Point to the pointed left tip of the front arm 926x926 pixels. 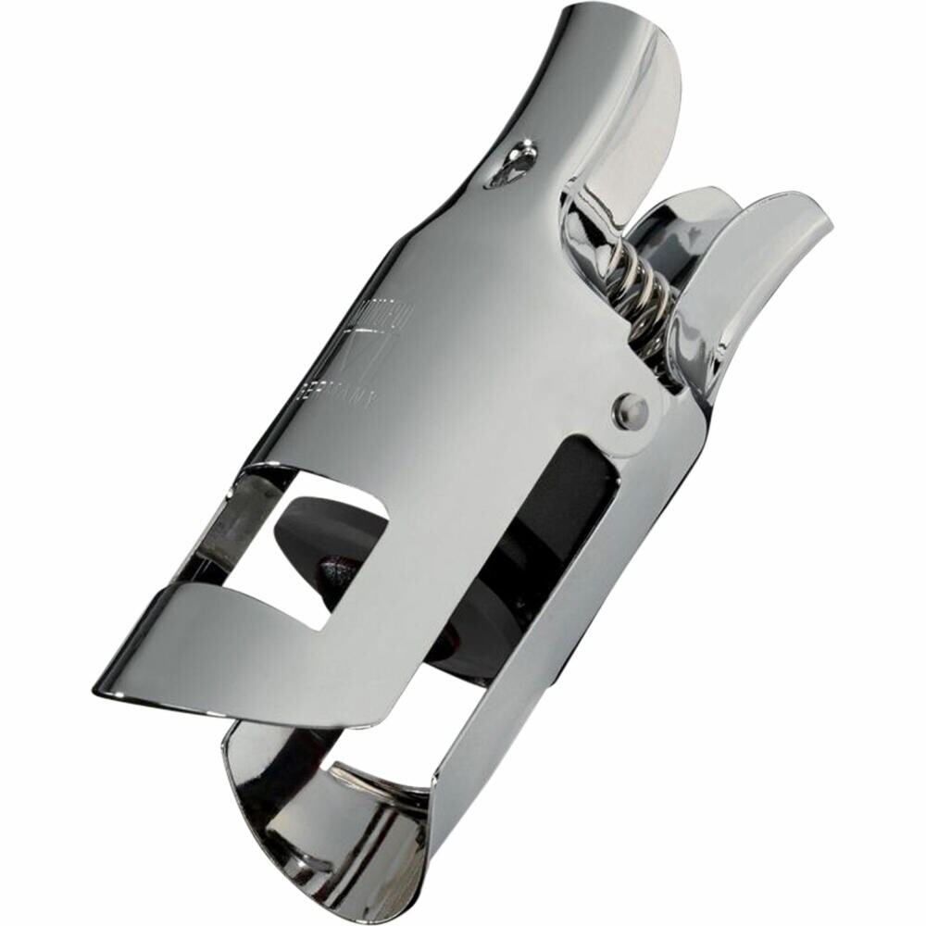pos(102,690)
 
